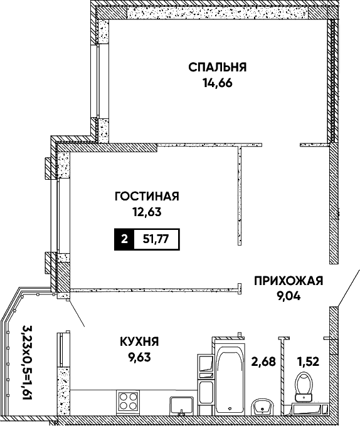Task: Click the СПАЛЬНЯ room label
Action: pos(218,67)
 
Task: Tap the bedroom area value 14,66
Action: pos(218,83)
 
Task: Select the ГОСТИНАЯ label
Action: pos(147,196)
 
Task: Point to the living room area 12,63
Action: pos(147,212)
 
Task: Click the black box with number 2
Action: pos(124,239)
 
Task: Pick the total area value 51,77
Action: pos(156,239)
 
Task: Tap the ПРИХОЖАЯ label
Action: pos(289,281)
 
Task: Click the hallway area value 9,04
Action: pos(289,296)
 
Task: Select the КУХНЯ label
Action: pos(139,342)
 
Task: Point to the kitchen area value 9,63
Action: pos(139,357)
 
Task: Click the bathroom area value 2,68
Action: pos(263,361)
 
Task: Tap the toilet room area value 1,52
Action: pos(308,361)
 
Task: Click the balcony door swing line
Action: pos(77,313)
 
